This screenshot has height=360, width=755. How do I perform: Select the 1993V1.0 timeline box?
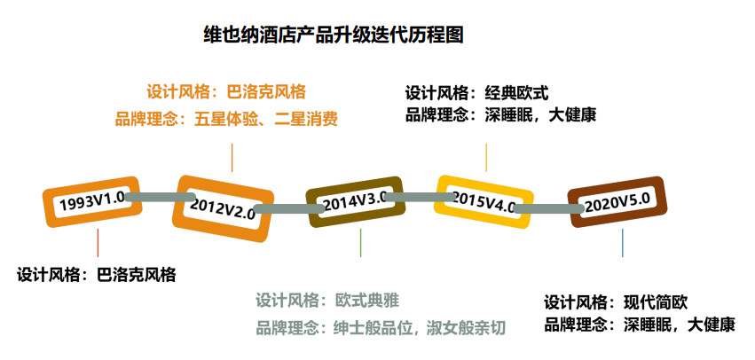click(92, 200)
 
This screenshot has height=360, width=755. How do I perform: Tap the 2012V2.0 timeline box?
click(222, 207)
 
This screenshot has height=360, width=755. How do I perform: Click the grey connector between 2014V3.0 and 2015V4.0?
click(413, 198)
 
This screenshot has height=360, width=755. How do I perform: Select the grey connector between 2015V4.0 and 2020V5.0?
click(548, 209)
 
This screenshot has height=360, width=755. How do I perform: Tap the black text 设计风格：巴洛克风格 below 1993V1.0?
click(97, 275)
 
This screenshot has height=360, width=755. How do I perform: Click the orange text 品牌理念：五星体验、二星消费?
click(226, 119)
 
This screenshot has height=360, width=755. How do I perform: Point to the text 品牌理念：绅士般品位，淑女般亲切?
click(381, 328)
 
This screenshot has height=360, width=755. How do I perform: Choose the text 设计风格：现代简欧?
click(616, 301)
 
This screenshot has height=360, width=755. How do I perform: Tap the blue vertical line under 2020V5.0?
click(622, 243)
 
